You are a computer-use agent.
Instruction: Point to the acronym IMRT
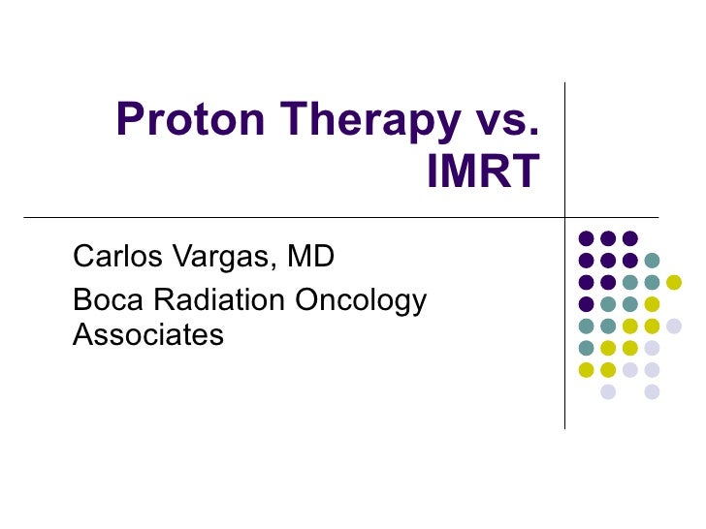(x=482, y=174)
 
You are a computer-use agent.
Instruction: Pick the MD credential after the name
(x=309, y=257)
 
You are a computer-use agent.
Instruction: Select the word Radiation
(x=217, y=300)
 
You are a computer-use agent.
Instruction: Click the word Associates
(x=148, y=335)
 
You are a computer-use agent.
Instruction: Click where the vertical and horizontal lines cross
(x=565, y=216)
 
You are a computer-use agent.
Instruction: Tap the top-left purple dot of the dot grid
(x=586, y=238)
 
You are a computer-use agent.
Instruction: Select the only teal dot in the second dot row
(x=652, y=260)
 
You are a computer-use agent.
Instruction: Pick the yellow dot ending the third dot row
(x=674, y=282)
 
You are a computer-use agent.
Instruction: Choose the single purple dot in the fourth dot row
(x=586, y=304)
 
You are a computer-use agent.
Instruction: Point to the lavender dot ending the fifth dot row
(x=674, y=327)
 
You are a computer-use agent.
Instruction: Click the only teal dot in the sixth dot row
(x=586, y=348)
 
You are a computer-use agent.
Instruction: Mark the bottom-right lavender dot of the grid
(x=652, y=391)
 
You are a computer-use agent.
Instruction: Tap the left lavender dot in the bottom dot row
(x=608, y=391)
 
